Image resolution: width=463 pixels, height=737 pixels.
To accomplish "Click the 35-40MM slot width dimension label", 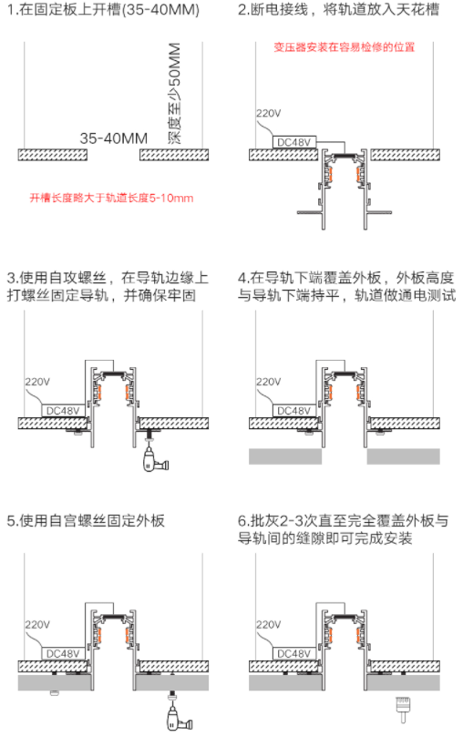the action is pyautogui.click(x=114, y=138).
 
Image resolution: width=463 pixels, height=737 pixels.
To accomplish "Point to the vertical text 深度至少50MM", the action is pyautogui.click(x=173, y=94).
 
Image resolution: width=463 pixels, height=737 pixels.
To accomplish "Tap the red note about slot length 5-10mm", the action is pyautogui.click(x=112, y=198).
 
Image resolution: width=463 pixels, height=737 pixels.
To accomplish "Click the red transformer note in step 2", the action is pyautogui.click(x=345, y=47).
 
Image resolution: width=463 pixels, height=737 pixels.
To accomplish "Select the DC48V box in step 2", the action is pyautogui.click(x=294, y=142).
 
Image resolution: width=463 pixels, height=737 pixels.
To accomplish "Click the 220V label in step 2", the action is pyautogui.click(x=268, y=113).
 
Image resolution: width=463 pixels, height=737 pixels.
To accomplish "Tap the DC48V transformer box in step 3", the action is pyautogui.click(x=63, y=411).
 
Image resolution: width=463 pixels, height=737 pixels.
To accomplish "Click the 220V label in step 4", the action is pyautogui.click(x=268, y=382).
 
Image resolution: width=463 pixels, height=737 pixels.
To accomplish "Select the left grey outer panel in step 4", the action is pyautogui.click(x=285, y=456).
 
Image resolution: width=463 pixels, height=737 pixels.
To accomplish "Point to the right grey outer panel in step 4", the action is pyautogui.click(x=404, y=456).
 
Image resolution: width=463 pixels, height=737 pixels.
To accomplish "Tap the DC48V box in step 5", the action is pyautogui.click(x=63, y=654).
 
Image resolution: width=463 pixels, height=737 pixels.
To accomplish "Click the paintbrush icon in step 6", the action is pyautogui.click(x=403, y=711).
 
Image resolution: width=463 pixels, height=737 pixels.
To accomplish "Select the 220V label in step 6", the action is pyautogui.click(x=268, y=625).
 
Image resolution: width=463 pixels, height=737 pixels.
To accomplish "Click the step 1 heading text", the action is pyautogui.click(x=103, y=10).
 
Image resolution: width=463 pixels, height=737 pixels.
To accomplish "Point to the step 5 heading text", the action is pyautogui.click(x=86, y=521).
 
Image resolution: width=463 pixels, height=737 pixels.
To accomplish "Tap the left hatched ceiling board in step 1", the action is pyautogui.click(x=53, y=155).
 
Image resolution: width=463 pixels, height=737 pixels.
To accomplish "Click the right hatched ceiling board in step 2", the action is pyautogui.click(x=406, y=155).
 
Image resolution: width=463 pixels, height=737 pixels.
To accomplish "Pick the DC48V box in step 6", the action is pyautogui.click(x=294, y=654).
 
